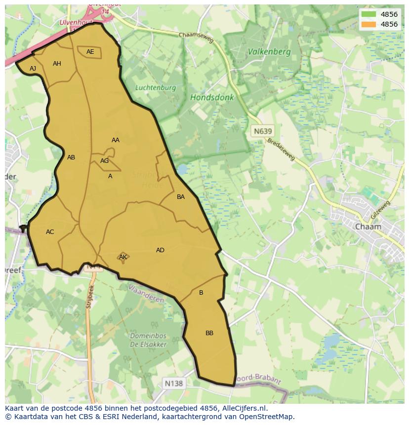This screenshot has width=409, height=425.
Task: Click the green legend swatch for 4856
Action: tap(368, 14)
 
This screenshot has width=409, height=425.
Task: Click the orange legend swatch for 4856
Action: tap(368, 24)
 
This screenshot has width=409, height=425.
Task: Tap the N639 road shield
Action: tap(262, 131)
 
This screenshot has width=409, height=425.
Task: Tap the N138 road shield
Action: tap(173, 383)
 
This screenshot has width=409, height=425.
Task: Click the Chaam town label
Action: tap(368, 227)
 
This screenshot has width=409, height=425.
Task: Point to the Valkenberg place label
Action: tap(269, 51)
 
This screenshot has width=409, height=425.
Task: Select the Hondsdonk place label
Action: tap(212, 98)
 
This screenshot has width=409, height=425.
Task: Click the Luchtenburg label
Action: tap(156, 88)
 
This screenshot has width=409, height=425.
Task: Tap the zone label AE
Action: tap(90, 52)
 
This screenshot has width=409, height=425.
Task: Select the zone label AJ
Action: tap(33, 69)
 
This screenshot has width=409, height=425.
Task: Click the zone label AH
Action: tap(57, 64)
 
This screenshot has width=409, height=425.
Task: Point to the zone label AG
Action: tap(104, 161)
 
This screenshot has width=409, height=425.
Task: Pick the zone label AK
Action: tap(123, 257)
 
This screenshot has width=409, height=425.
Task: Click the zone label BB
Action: tap(209, 333)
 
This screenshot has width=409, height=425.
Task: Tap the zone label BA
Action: tap(181, 197)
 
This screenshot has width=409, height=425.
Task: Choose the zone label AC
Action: tap(50, 232)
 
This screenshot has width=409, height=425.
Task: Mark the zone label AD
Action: tap(160, 250)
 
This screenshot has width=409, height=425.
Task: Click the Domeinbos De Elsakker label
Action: tap(148, 340)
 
